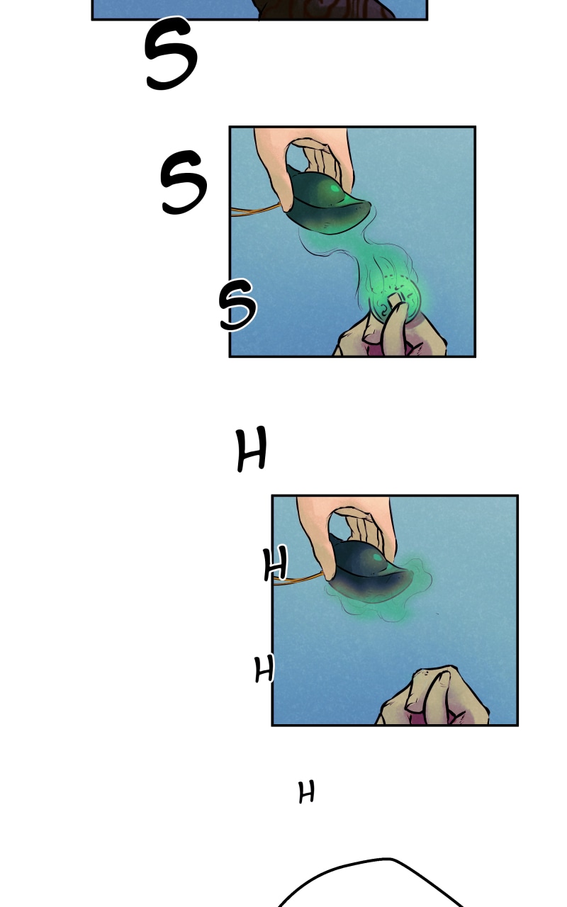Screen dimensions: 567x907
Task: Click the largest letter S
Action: [171, 52]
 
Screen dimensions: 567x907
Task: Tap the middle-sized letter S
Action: [184, 182]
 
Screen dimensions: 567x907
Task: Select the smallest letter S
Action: [237, 305]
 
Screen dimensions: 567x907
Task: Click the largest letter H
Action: [252, 449]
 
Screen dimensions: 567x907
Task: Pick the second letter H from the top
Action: [276, 563]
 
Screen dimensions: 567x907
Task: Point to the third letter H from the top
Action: [264, 668]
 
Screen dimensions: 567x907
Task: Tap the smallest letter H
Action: [306, 792]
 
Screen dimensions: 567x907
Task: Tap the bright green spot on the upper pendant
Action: [335, 188]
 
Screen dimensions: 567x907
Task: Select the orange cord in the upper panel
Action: [255, 210]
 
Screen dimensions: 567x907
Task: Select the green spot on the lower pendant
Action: [378, 558]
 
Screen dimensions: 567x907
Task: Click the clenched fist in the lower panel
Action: [433, 697]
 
